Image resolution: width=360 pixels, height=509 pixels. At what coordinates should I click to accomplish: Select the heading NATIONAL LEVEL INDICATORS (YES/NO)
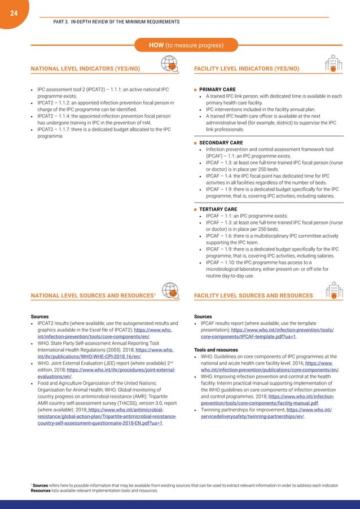pyautogui.click(x=85, y=69)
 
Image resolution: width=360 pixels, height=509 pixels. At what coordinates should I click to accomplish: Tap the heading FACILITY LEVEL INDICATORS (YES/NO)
pyautogui.click(x=247, y=69)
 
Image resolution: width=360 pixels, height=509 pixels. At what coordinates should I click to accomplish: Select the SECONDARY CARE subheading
pyautogui.click(x=221, y=143)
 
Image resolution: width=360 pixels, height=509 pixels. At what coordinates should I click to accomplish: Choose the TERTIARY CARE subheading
pyautogui.click(x=218, y=209)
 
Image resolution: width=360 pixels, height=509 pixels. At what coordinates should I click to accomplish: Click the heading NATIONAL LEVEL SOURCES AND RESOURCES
pyautogui.click(x=92, y=295)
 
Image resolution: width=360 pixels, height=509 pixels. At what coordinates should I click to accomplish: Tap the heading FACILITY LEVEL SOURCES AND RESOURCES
pyautogui.click(x=253, y=295)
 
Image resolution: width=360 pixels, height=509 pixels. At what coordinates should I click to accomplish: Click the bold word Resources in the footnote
pyautogui.click(x=42, y=491)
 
